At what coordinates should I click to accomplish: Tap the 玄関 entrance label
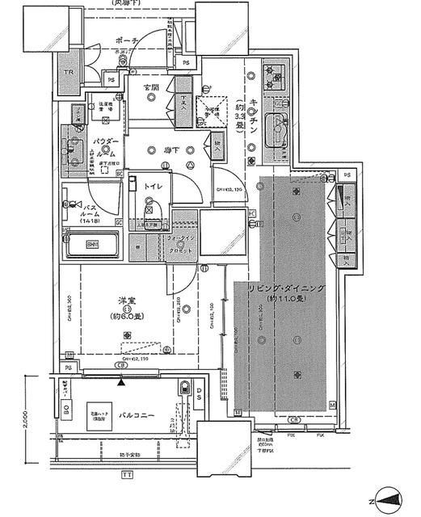click(x=151, y=86)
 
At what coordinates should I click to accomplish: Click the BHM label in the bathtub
click(x=92, y=244)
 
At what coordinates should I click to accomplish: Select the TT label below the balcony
click(x=126, y=476)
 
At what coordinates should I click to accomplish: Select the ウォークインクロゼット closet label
click(x=181, y=245)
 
